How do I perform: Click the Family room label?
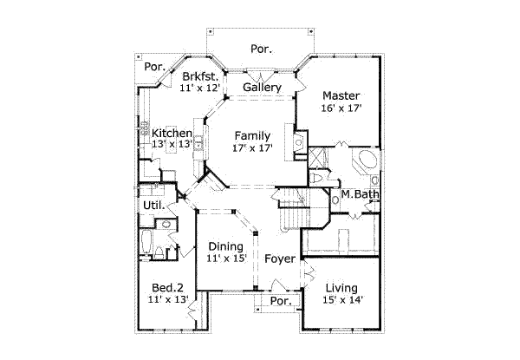(x=253, y=136)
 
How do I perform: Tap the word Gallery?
(x=261, y=88)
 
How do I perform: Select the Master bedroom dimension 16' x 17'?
(x=341, y=109)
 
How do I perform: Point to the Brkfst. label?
(x=198, y=76)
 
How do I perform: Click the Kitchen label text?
(x=172, y=133)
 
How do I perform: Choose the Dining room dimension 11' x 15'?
(x=226, y=259)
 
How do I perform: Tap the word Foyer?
(x=279, y=259)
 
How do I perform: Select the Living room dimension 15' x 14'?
(x=343, y=300)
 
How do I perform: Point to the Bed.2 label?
(x=167, y=288)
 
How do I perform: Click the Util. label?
(x=153, y=206)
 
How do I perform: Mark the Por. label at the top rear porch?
(x=260, y=49)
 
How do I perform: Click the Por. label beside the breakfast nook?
(x=155, y=67)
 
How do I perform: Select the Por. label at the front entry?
(x=279, y=301)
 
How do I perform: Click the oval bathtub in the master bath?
(x=364, y=162)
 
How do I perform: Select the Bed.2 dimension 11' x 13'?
(x=167, y=300)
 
